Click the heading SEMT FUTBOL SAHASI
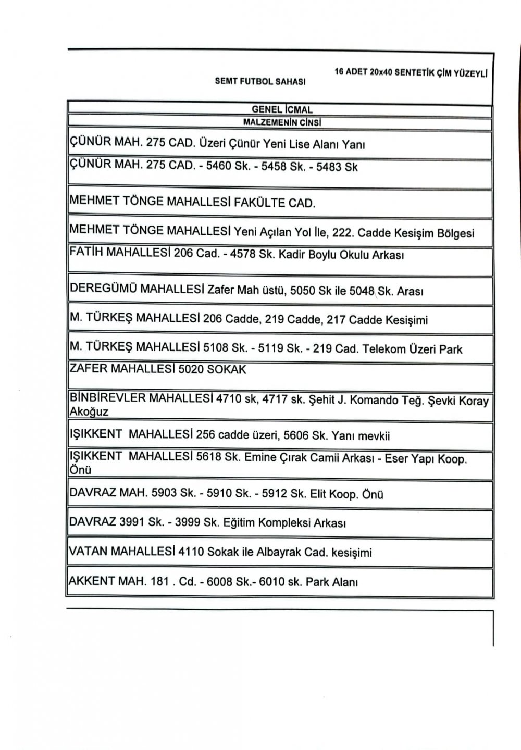(260, 82)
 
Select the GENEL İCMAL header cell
(282, 110)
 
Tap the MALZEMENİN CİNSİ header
(282, 122)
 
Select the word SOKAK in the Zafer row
(227, 369)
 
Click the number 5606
(295, 435)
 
